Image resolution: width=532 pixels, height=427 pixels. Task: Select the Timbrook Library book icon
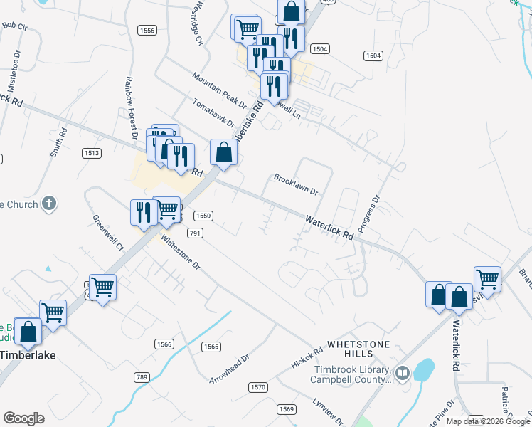(x=402, y=373)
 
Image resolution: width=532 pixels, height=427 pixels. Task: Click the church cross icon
(x=49, y=204)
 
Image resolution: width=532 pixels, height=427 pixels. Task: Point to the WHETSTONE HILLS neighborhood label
(x=360, y=349)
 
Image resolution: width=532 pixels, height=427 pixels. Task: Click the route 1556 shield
(x=148, y=30)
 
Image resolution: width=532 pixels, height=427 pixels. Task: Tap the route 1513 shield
(x=92, y=153)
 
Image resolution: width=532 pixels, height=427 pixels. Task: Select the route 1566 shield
(x=164, y=344)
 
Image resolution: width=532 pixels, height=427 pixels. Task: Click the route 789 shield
(x=141, y=376)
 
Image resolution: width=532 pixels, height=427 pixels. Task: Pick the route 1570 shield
(x=257, y=386)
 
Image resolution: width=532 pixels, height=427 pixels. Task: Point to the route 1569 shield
(x=286, y=408)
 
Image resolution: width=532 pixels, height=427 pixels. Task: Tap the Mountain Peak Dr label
(x=219, y=88)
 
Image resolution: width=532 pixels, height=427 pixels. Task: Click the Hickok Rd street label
(x=307, y=358)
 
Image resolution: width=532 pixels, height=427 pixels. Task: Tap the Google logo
(x=23, y=418)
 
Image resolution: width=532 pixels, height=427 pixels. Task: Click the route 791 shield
(x=195, y=233)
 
